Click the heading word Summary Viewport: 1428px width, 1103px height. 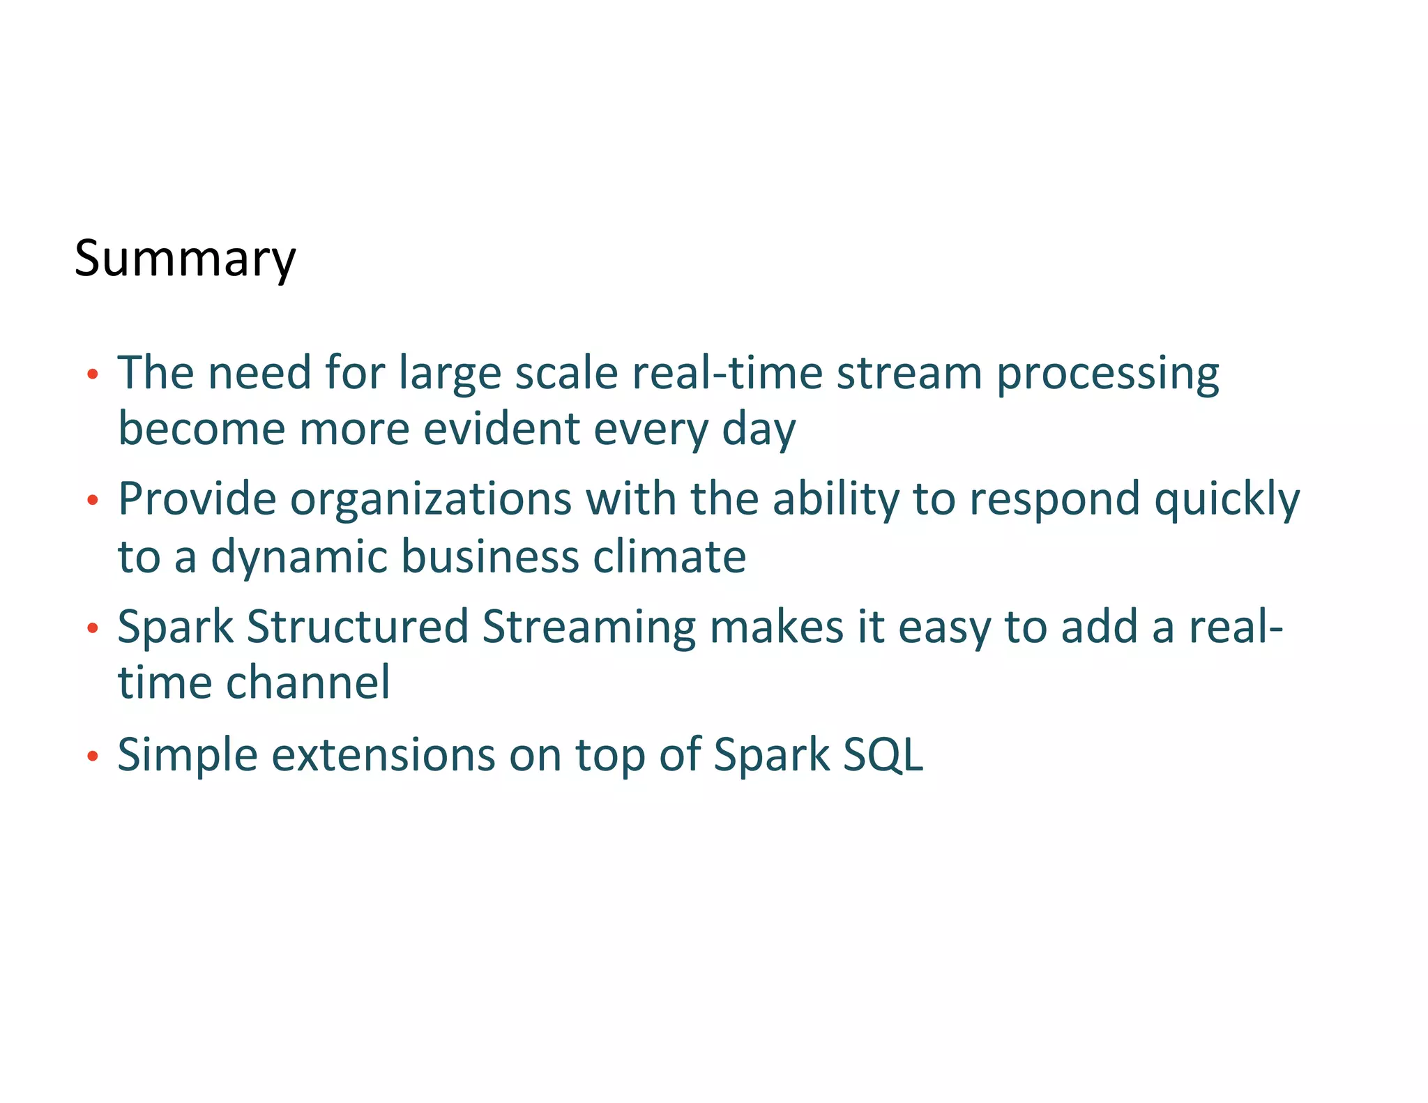[185, 259]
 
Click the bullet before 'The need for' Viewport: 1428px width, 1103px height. [93, 375]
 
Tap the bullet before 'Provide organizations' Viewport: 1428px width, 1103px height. [93, 500]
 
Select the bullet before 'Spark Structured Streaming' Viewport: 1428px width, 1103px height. [93, 628]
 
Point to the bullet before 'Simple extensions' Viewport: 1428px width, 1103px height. [93, 756]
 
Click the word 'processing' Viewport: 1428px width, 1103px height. [1107, 374]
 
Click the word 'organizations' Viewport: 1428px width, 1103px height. [430, 500]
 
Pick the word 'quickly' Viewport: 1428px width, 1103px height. [1226, 500]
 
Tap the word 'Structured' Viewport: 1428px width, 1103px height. [357, 626]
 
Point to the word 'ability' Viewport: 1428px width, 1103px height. [835, 500]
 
